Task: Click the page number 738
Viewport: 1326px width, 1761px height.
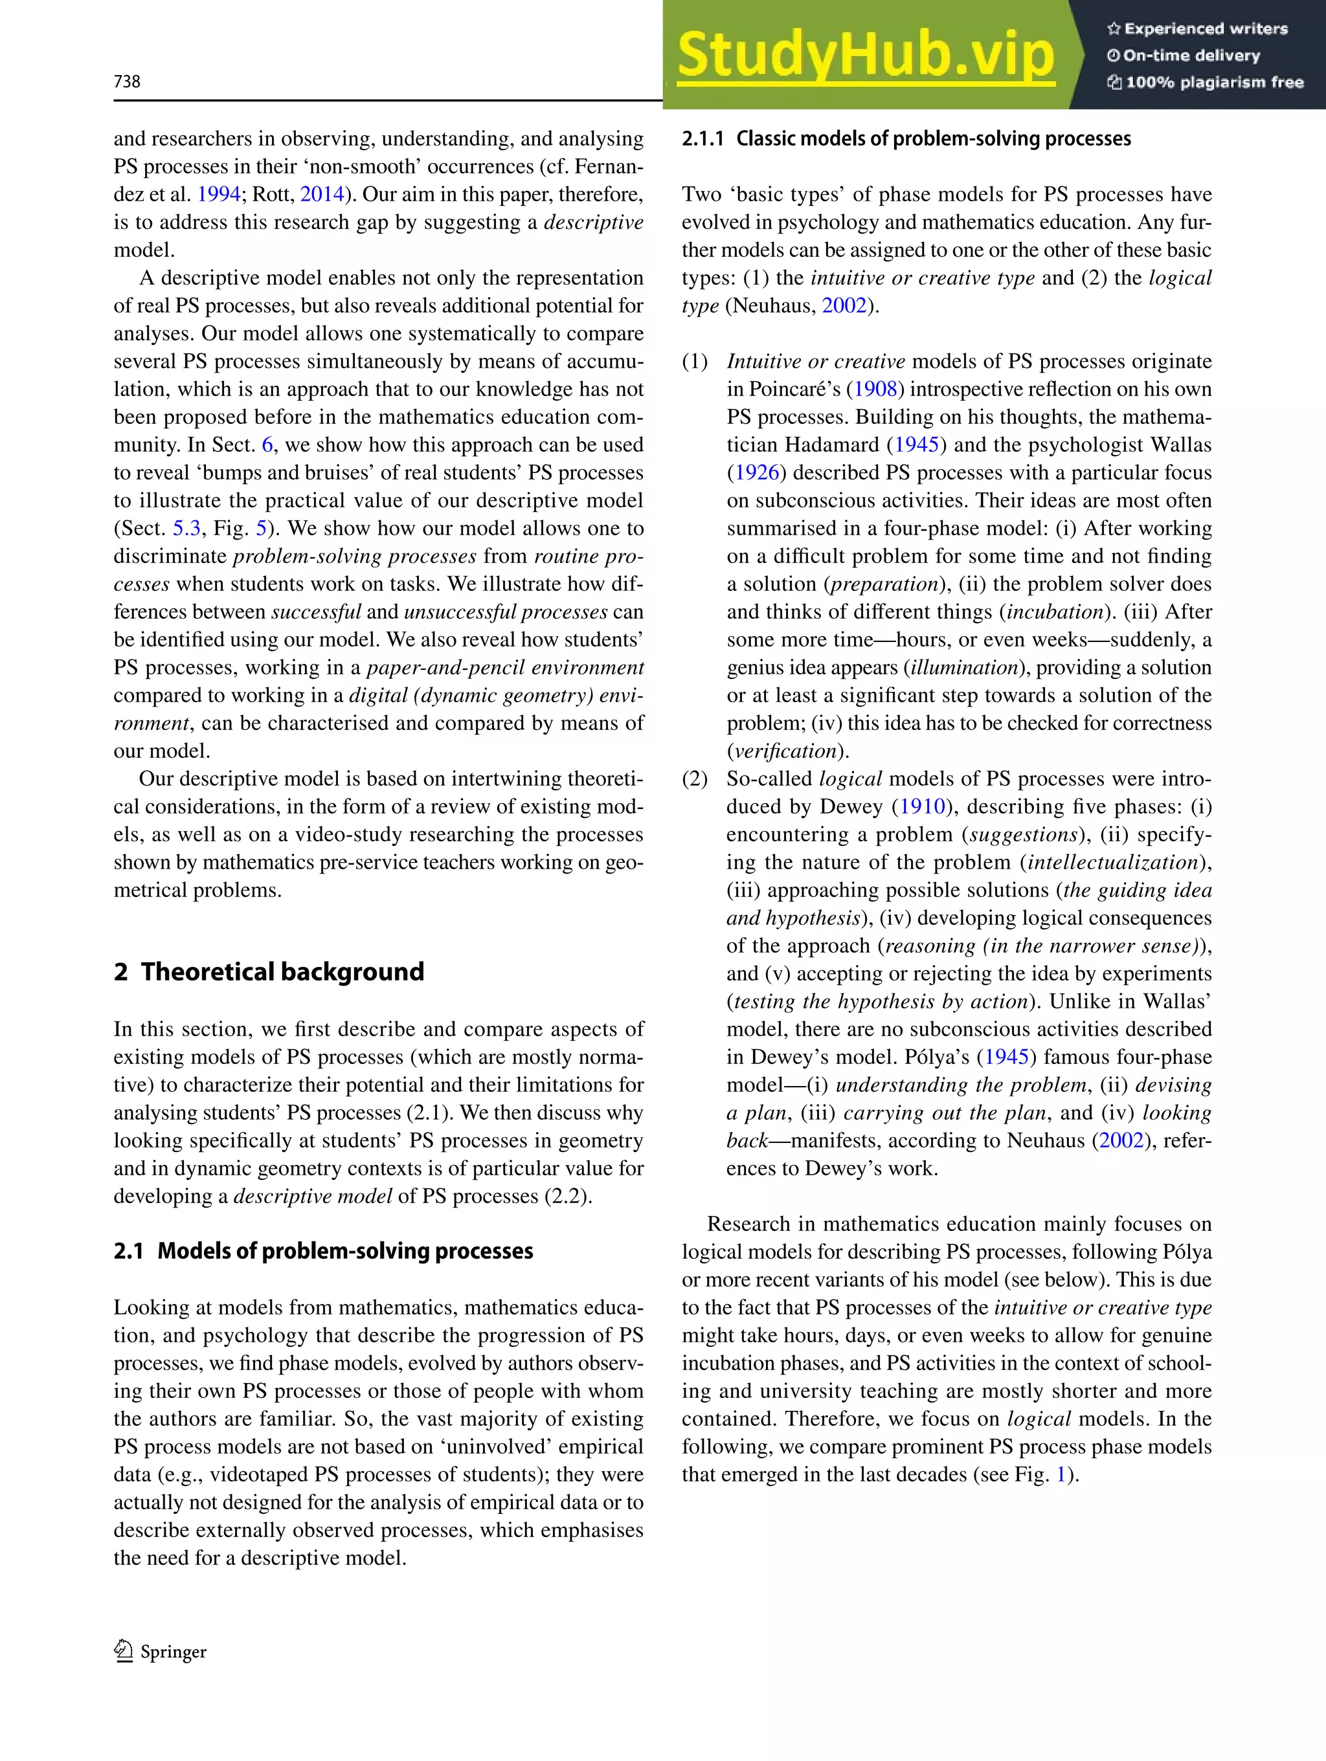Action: point(128,81)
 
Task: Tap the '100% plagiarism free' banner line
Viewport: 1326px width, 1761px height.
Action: point(1205,82)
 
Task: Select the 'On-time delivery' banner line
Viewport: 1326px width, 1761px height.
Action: point(1184,56)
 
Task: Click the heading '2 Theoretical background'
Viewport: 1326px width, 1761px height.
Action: point(269,971)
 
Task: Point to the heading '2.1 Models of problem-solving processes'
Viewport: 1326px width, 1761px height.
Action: point(322,1251)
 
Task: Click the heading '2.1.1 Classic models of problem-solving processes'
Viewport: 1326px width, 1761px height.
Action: point(906,138)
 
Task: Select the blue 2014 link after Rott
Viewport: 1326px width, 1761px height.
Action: point(322,194)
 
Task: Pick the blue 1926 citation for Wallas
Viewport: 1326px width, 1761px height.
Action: point(756,473)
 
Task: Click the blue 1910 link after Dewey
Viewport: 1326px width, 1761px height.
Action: point(922,806)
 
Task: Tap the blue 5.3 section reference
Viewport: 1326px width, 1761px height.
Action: point(186,529)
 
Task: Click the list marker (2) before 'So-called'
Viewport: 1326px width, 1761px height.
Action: point(695,779)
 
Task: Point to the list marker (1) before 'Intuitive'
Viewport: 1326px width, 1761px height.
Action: point(695,361)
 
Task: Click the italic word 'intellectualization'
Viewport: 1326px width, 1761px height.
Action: point(1112,862)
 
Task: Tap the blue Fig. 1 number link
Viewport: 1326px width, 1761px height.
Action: point(1061,1474)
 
